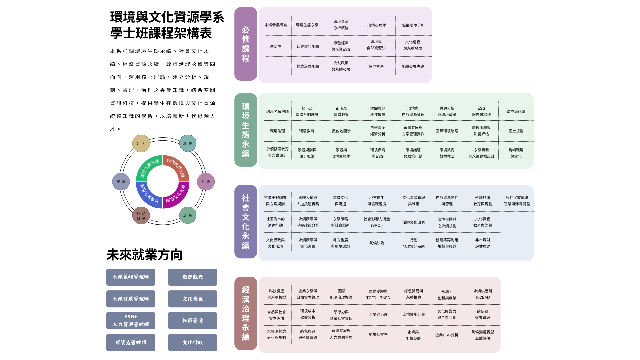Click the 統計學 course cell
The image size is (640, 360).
pos(276,46)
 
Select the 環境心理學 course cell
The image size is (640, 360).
pos(377,25)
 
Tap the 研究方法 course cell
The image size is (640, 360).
pos(376,67)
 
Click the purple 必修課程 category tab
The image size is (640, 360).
pos(246,44)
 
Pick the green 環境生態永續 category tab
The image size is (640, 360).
pos(246,130)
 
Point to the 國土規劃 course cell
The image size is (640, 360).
pos(516,131)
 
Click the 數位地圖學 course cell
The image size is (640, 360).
pos(341,131)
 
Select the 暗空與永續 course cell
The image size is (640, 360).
pos(516,112)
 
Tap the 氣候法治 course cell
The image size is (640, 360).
pos(377,243)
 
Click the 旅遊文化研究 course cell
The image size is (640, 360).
pos(413,222)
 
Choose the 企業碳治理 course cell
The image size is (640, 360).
pos(378,315)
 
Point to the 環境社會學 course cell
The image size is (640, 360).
pos(378,334)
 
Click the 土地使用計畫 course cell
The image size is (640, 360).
pos(413,314)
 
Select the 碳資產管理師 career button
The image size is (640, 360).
pos(131,343)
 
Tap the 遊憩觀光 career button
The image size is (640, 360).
pos(193,277)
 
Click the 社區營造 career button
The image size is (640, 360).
pos(193,321)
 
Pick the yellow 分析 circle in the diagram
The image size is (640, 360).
pos(141,144)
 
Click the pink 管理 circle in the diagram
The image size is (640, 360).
pos(206,182)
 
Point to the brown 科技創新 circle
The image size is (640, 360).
pos(141,216)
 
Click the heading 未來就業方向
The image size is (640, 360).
pos(144,255)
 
